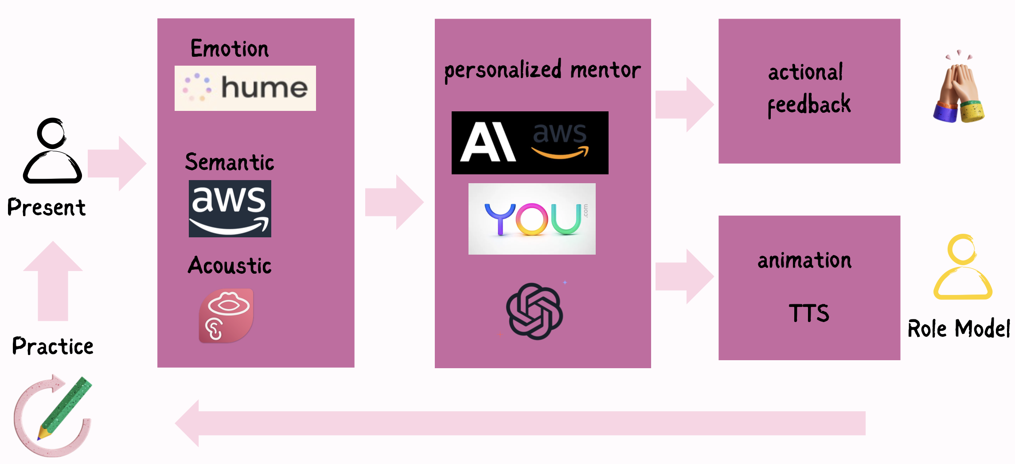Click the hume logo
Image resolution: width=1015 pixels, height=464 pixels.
click(245, 88)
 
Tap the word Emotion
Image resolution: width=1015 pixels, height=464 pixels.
click(230, 49)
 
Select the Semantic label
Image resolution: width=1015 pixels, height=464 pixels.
click(230, 162)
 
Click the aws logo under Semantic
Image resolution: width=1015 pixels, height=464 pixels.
click(230, 208)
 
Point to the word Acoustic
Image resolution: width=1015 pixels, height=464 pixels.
click(230, 266)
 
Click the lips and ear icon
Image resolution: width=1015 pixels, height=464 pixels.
click(226, 315)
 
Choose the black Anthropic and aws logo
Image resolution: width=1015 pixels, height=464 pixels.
click(530, 142)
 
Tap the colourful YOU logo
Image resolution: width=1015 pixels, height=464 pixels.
click(532, 219)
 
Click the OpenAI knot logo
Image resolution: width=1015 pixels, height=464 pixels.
click(535, 311)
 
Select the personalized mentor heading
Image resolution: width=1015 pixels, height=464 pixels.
click(543, 70)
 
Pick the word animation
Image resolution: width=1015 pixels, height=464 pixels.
click(804, 260)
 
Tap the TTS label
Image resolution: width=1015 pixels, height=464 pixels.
click(809, 313)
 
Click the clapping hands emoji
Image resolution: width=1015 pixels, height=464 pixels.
click(958, 91)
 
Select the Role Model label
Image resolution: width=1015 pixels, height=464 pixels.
click(959, 329)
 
